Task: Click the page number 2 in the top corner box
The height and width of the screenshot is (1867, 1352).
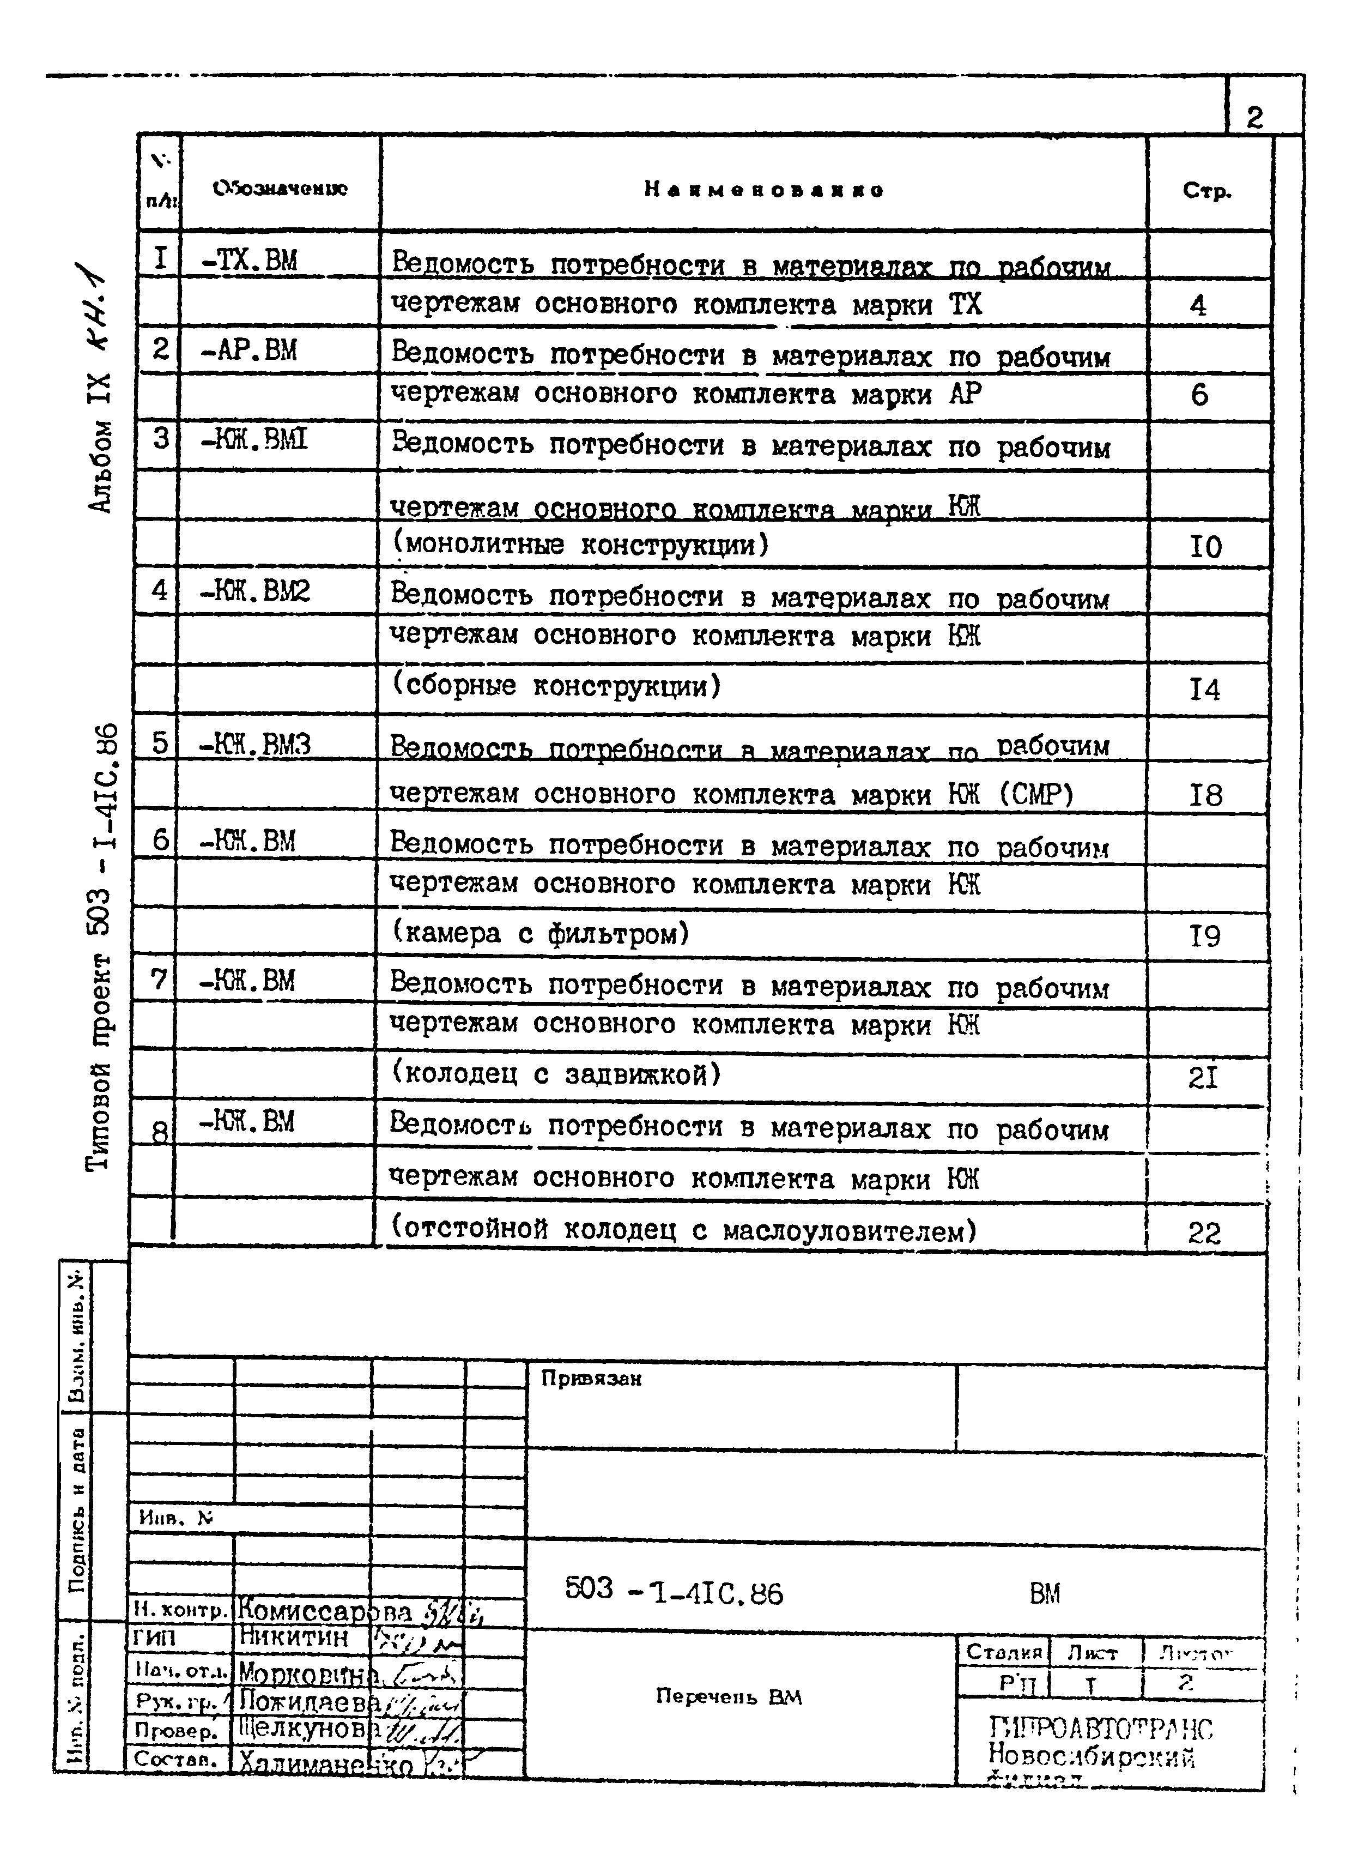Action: click(1253, 118)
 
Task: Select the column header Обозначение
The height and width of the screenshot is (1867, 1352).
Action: click(280, 189)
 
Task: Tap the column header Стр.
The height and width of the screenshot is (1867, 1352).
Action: click(1207, 191)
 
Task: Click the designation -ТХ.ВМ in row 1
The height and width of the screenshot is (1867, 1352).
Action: click(250, 262)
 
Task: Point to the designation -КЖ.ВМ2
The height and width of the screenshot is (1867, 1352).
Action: click(255, 591)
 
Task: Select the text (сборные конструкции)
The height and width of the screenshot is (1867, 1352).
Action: click(556, 686)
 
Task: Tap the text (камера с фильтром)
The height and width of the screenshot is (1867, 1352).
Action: click(540, 933)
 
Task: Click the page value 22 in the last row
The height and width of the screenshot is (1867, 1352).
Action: click(1204, 1233)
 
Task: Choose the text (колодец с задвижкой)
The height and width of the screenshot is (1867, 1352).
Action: click(556, 1074)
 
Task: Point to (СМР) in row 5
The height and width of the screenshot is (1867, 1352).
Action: click(1036, 794)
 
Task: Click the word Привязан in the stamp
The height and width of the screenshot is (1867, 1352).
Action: click(591, 1379)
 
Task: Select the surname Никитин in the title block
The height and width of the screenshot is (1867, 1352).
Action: click(294, 1636)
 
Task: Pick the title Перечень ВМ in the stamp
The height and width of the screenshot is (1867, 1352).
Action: click(728, 1696)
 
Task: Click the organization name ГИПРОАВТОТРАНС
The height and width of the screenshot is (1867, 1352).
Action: click(1100, 1727)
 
